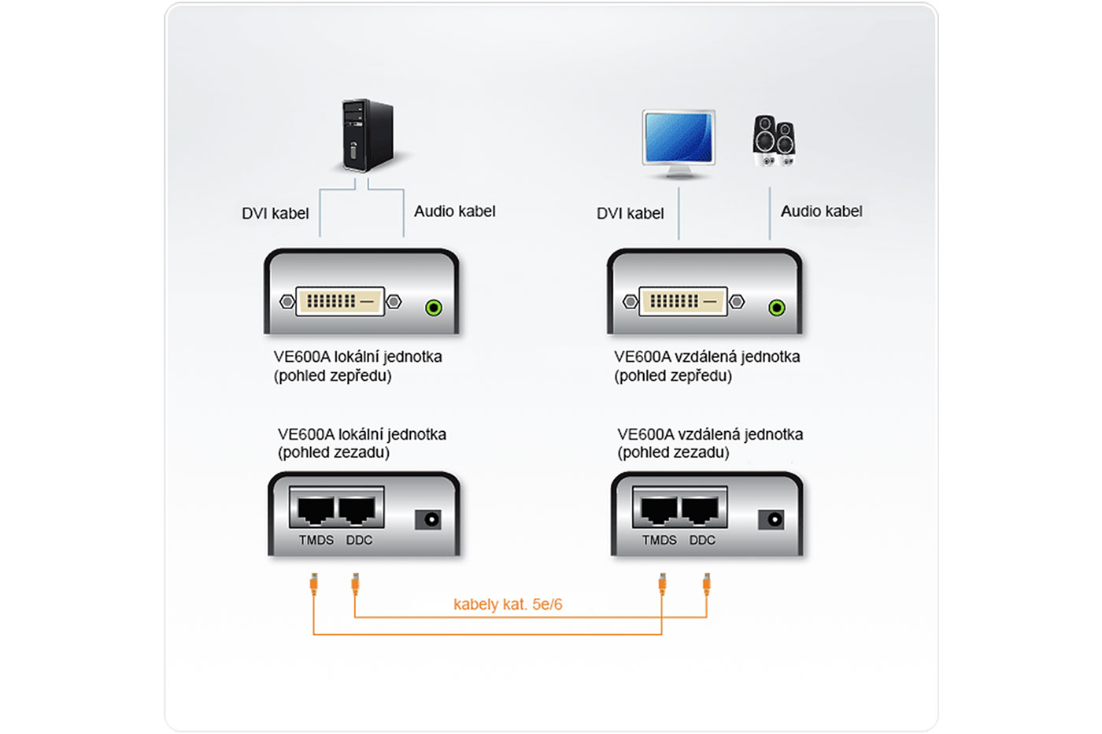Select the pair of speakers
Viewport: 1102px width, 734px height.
[x=774, y=141]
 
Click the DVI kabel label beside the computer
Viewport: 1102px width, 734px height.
[x=275, y=213]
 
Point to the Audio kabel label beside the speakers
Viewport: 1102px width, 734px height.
[x=821, y=211]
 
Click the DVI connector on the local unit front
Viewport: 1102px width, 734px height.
[x=340, y=301]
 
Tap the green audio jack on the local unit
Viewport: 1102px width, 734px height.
[x=433, y=308]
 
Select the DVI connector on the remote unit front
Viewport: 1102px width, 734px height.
[x=683, y=301]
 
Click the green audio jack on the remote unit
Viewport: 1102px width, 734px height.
[x=776, y=308]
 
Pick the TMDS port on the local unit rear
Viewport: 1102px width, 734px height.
[x=316, y=510]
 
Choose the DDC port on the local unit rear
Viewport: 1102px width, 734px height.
[x=358, y=510]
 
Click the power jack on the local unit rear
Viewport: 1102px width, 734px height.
[x=428, y=519]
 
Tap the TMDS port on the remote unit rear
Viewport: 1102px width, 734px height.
[x=659, y=510]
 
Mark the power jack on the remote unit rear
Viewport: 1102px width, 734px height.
[x=771, y=519]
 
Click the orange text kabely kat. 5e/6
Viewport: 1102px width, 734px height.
[x=508, y=604]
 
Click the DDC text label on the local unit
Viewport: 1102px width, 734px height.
[x=359, y=540]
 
